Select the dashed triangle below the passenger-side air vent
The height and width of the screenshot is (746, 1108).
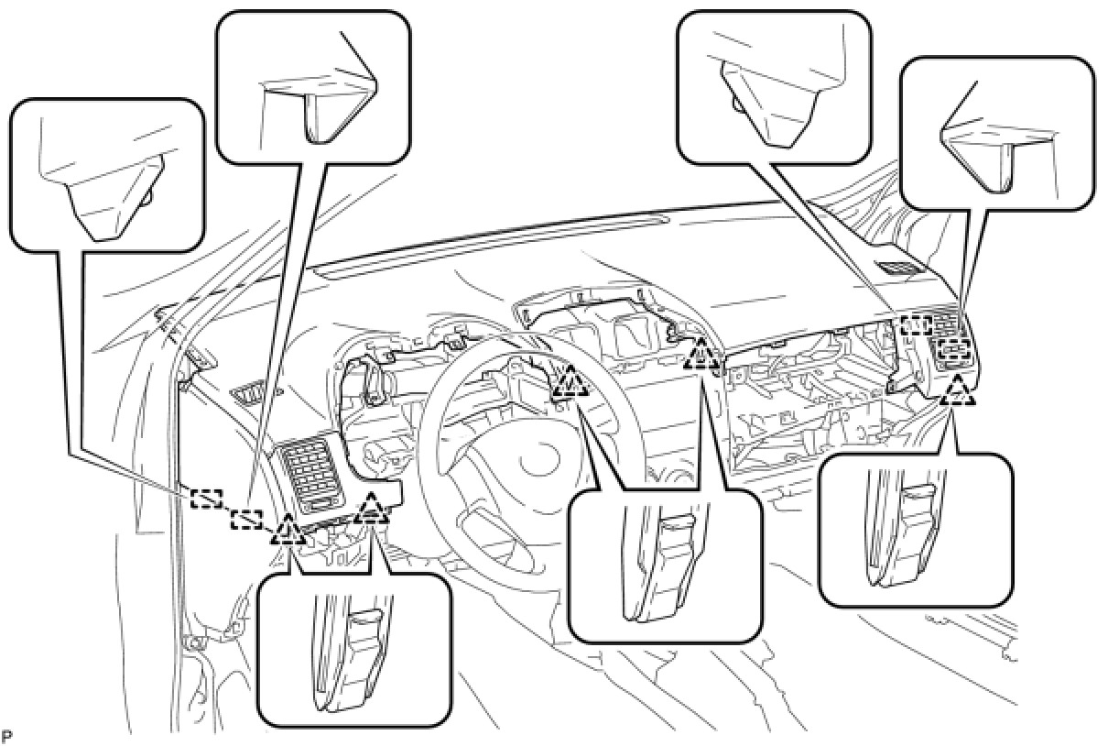point(958,391)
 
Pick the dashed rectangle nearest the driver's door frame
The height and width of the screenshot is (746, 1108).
point(206,499)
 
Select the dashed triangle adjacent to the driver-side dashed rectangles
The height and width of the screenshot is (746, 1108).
point(288,530)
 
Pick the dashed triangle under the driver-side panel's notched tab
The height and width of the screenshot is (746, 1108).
point(371,509)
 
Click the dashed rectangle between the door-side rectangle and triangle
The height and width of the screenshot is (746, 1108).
point(246,520)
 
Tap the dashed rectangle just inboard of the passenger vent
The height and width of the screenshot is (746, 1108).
point(916,324)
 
